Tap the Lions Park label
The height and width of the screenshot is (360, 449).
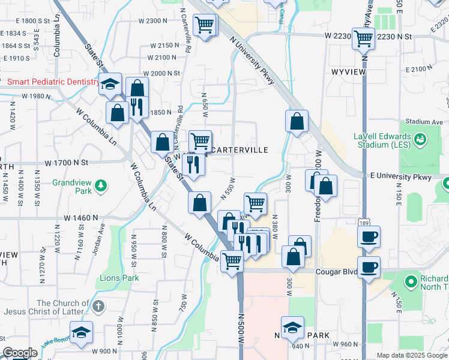pos(119,278)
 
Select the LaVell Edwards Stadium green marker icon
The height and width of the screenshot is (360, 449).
pos(420,140)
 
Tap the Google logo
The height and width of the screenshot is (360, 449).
pos(20,353)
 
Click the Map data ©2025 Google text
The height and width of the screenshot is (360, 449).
pos(411,355)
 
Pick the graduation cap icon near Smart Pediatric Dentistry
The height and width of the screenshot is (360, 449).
pos(110,84)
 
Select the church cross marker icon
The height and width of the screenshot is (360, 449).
pos(98,307)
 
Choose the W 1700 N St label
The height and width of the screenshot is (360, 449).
pos(67,163)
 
